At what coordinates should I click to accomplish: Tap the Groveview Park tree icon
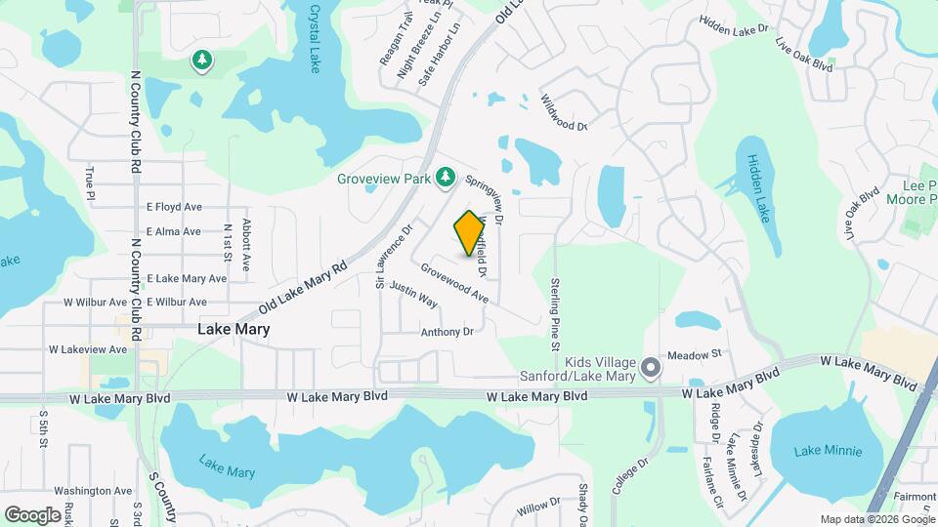click(x=446, y=177)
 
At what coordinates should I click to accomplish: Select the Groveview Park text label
click(x=383, y=179)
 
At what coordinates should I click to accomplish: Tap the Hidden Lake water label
click(x=758, y=186)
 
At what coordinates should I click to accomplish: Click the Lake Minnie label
click(x=828, y=451)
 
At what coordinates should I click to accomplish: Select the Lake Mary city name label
click(x=234, y=330)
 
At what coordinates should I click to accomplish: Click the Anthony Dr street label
click(x=447, y=332)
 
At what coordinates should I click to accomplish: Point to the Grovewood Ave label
click(x=455, y=281)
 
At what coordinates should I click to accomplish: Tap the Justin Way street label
click(x=412, y=294)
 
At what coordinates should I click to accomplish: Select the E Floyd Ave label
click(x=173, y=207)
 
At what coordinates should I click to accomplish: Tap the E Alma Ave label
click(x=173, y=231)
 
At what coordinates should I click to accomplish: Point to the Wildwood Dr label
click(x=564, y=112)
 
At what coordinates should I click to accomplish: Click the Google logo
click(x=32, y=514)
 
